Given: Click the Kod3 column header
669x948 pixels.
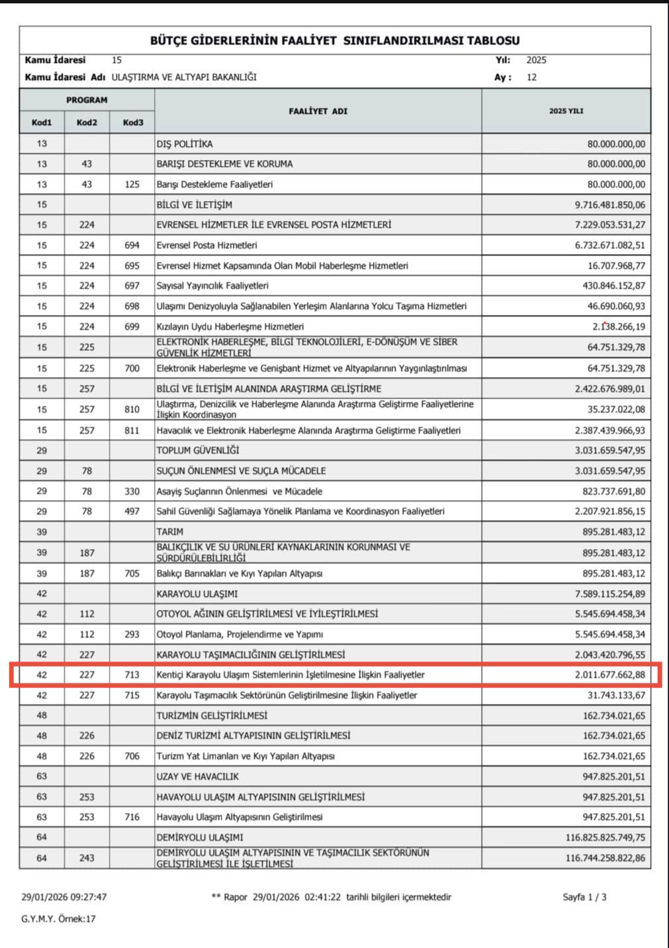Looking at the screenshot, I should (x=132, y=122).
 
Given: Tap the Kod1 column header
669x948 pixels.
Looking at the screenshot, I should (x=42, y=122).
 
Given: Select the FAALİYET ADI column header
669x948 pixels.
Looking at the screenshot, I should (x=318, y=111).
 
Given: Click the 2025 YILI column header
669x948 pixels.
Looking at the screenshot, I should (x=566, y=111).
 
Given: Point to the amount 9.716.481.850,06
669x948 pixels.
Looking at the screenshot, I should (x=609, y=205).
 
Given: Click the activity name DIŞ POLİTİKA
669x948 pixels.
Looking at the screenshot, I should (x=185, y=144).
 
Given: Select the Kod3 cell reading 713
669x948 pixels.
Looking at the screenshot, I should (x=132, y=675).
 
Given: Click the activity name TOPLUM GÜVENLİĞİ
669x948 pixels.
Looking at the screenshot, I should (x=198, y=451).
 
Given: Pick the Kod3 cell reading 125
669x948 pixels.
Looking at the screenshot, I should (x=132, y=185).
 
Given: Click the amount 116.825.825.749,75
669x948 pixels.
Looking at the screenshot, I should (x=605, y=838).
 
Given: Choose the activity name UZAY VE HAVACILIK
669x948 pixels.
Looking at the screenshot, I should (x=198, y=777).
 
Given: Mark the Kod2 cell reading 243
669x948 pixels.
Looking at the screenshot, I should (x=87, y=858).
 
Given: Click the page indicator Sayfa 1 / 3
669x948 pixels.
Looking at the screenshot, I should (x=584, y=897).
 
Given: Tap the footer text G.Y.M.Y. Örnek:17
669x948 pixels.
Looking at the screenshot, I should (x=58, y=919).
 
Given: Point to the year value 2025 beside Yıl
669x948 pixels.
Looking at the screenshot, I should (x=536, y=60).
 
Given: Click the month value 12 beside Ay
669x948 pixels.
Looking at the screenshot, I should (x=531, y=77).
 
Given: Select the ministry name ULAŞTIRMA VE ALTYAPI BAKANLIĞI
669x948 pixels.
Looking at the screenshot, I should (x=184, y=77).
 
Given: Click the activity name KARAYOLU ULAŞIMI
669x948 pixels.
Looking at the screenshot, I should (x=197, y=594).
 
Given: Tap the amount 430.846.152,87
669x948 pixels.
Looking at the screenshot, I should (x=613, y=286).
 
